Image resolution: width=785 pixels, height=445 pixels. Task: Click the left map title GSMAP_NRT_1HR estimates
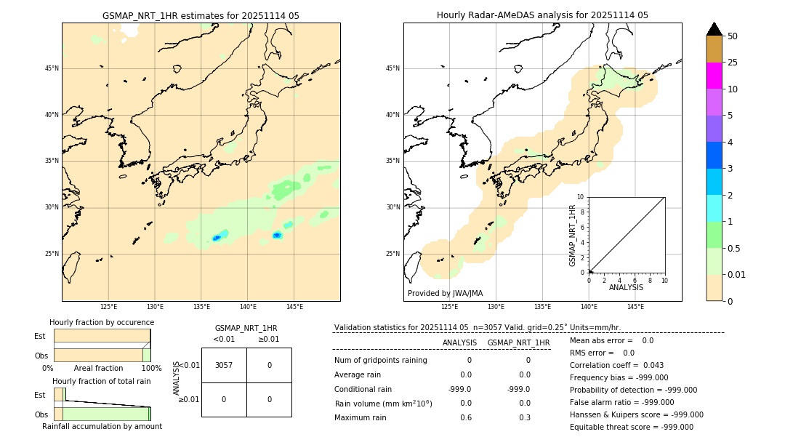[x=201, y=15]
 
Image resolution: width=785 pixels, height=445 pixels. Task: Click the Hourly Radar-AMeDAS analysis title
[x=542, y=15]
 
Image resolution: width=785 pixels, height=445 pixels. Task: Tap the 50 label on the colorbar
[x=733, y=36]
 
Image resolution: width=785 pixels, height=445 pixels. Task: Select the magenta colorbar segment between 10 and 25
[x=714, y=76]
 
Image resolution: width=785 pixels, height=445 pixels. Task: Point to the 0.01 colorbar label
[x=737, y=275]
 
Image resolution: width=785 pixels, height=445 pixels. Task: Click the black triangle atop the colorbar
[x=714, y=29]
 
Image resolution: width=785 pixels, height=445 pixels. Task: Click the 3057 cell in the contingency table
[x=224, y=365]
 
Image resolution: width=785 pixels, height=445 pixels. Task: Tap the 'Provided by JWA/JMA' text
[x=445, y=294]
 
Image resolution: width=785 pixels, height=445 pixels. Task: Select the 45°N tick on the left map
[x=52, y=68]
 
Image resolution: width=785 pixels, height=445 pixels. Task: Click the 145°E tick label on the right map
[x=635, y=307]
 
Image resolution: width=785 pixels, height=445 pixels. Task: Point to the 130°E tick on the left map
[x=155, y=307]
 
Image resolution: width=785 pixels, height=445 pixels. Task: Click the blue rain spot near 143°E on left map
[x=277, y=235]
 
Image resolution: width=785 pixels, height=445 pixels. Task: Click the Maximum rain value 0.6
[x=465, y=417]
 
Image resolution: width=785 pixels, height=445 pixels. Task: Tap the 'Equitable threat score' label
[x=611, y=427]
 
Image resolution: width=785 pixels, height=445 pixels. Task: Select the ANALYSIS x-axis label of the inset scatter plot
[x=626, y=288]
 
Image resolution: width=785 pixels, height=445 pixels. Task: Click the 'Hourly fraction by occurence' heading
[x=102, y=322]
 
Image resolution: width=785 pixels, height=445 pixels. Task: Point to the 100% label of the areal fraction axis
[x=151, y=369]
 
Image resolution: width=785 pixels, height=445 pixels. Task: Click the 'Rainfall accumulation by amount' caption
[x=102, y=427]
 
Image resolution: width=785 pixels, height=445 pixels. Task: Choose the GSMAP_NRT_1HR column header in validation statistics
[x=518, y=342]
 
